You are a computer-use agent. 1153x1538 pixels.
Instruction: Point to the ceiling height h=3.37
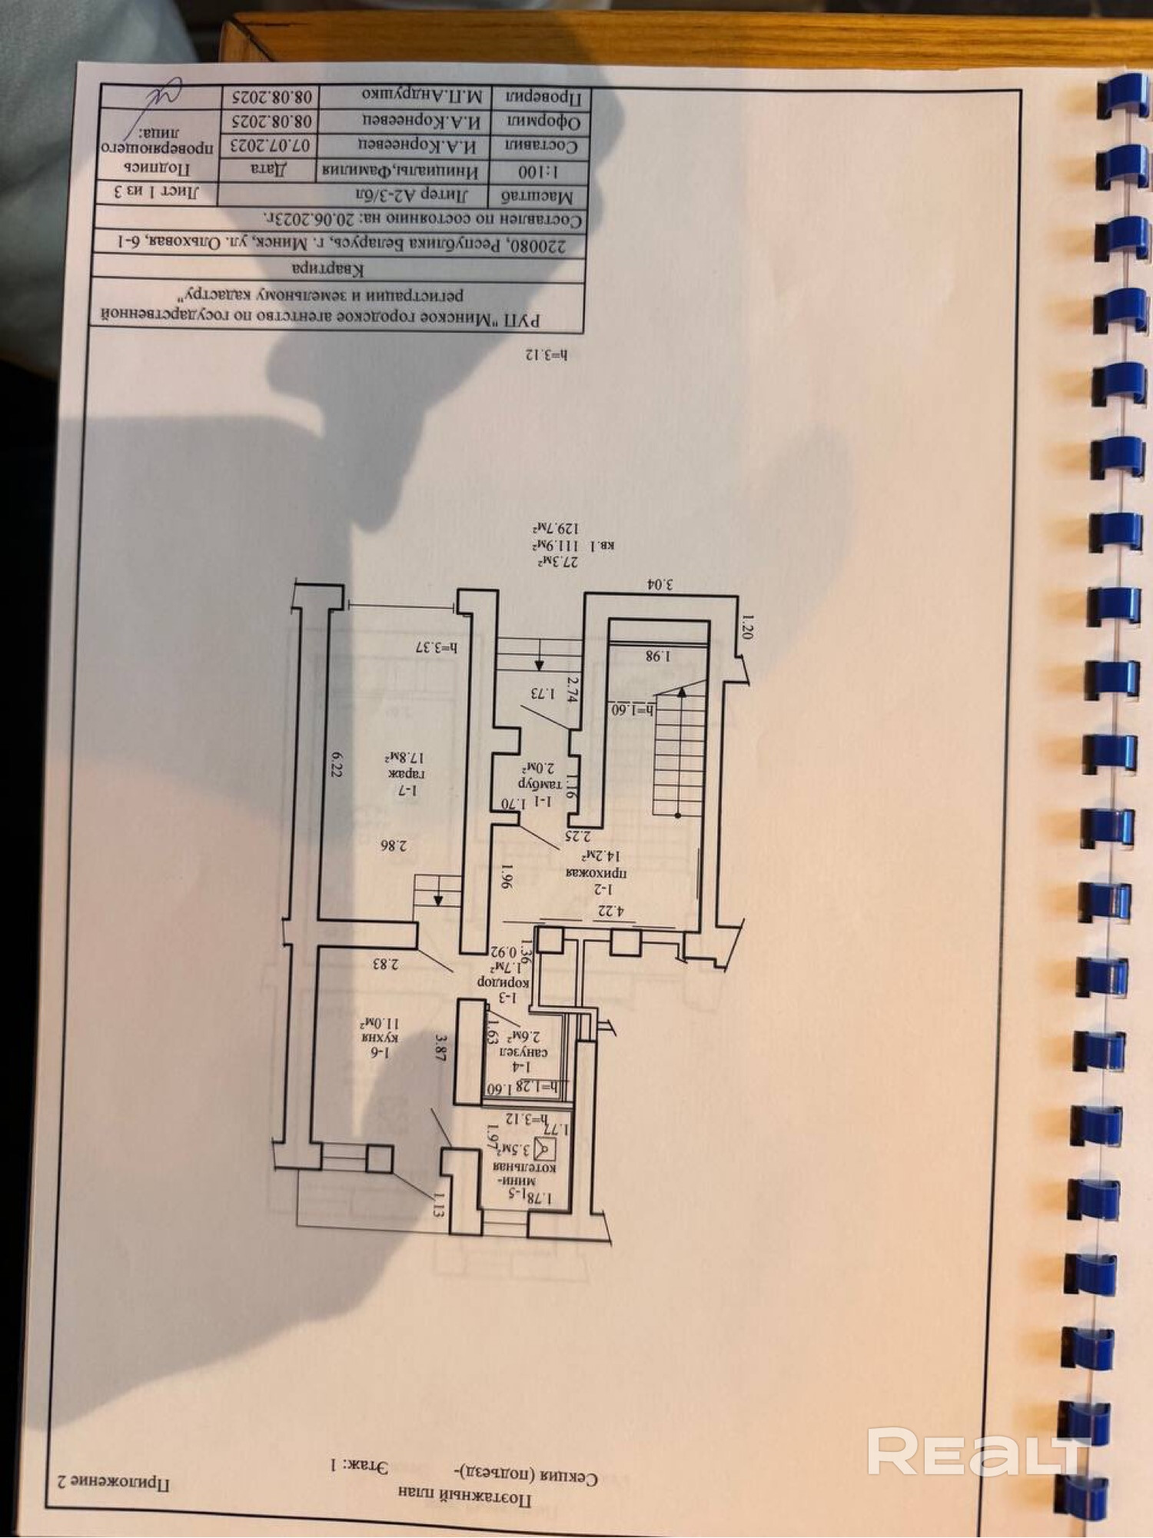pyautogui.click(x=436, y=647)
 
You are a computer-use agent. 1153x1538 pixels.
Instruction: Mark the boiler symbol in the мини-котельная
pyautogui.click(x=545, y=1148)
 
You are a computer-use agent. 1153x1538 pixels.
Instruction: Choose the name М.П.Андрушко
pyautogui.click(x=422, y=96)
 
